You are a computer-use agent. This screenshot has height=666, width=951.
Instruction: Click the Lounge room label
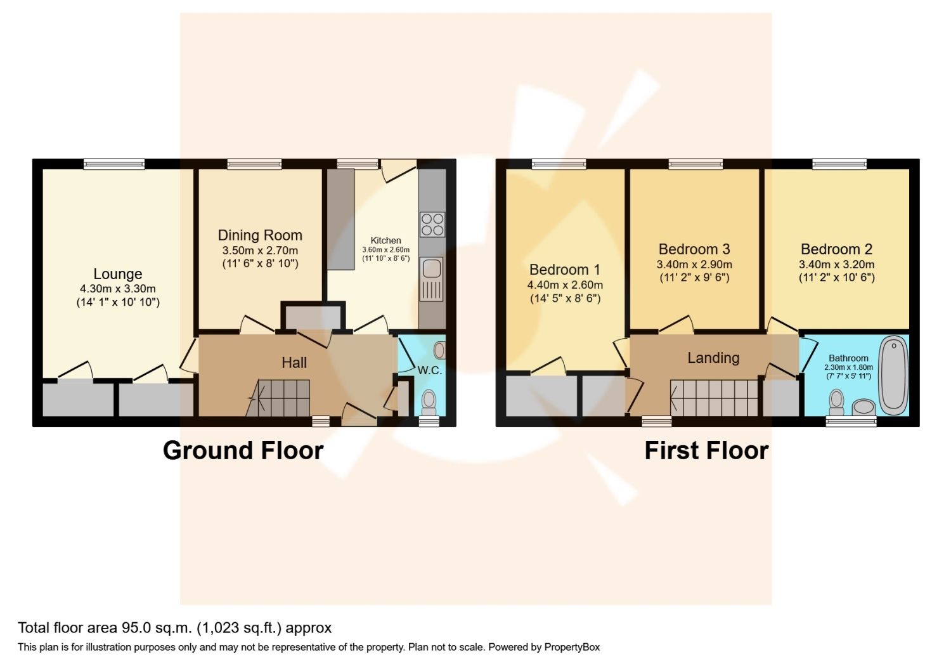pos(117,274)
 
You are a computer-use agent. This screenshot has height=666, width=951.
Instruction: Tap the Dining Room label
pos(260,235)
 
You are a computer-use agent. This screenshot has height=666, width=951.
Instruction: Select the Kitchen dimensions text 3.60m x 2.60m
pos(385,250)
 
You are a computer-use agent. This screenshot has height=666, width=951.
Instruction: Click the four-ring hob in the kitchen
pos(432,225)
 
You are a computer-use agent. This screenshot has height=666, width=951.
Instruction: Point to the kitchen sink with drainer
pos(432,279)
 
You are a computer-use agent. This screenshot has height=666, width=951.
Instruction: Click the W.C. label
pos(430,370)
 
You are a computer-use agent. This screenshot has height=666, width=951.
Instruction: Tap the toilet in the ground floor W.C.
pos(429,402)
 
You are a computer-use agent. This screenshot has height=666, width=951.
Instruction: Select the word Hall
pos(294,363)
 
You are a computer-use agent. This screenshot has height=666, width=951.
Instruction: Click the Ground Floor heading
pos(243,450)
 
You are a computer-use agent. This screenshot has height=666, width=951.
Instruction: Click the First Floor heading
pos(706,450)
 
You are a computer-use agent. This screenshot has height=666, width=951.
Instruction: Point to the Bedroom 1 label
pos(565,270)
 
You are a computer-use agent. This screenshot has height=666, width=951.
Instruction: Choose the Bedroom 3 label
pos(694,249)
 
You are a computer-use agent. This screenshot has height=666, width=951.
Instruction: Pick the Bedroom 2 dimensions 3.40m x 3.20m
pos(836,264)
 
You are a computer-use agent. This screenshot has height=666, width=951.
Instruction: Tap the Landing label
pos(713,358)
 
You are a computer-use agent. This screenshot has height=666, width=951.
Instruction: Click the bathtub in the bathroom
pos(893,375)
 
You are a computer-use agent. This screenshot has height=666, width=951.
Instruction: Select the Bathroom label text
pos(848,358)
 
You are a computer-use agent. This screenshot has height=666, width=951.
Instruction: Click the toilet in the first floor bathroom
pos(836,402)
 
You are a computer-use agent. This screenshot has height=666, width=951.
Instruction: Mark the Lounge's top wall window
pos(113,164)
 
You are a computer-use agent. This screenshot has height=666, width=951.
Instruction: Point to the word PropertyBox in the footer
pos(572,648)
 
